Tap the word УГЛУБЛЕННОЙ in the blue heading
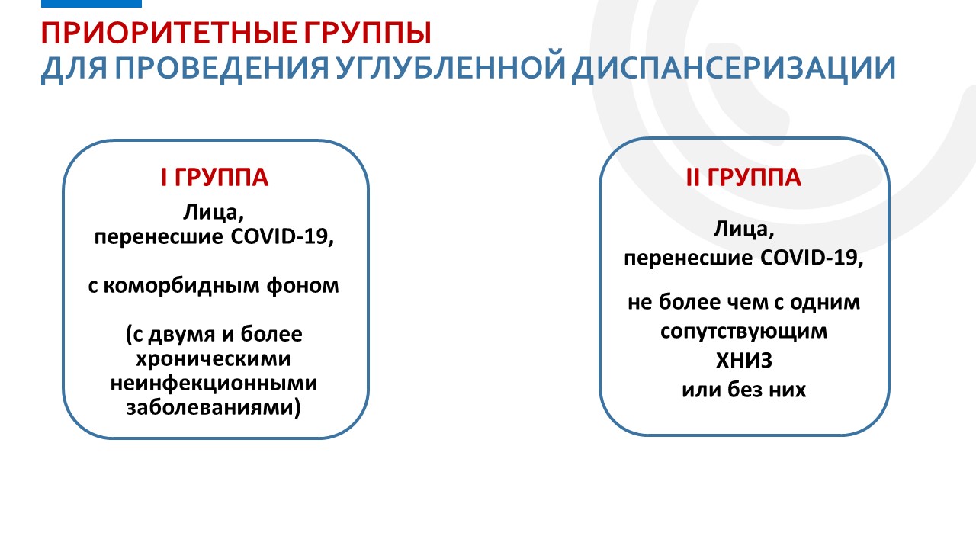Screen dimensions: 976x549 (451, 68)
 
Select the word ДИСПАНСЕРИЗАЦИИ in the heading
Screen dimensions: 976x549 (734, 69)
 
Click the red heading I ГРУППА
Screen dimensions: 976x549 (214, 178)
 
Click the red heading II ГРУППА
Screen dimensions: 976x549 (743, 178)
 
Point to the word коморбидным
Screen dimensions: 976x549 (181, 286)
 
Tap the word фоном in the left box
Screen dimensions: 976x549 (303, 286)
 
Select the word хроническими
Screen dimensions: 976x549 (213, 359)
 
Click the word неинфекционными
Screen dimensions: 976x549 (214, 384)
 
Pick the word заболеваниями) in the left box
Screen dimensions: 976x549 (213, 408)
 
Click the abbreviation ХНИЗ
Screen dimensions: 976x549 (744, 361)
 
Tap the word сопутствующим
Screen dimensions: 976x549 (743, 332)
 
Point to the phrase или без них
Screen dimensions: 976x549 (743, 390)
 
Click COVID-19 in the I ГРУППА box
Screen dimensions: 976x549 (282, 237)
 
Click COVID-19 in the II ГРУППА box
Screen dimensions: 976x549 (812, 258)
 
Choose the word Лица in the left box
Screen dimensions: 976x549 (211, 213)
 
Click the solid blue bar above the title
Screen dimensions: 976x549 (91, 4)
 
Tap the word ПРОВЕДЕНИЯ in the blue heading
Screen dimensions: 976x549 (222, 69)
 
